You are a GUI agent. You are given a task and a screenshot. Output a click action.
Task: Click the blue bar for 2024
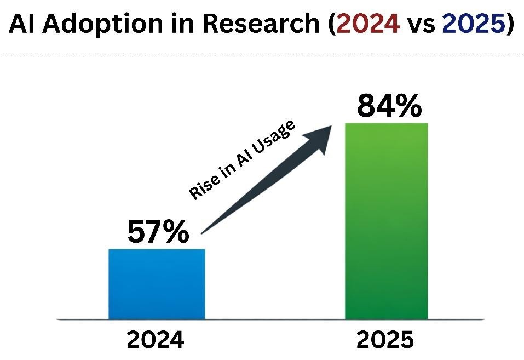point(157,284)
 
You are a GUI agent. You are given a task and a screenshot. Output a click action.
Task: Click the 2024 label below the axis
point(156,340)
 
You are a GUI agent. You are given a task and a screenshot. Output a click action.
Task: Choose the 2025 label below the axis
point(385,340)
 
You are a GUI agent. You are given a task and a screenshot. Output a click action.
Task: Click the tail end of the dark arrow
point(204,231)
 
